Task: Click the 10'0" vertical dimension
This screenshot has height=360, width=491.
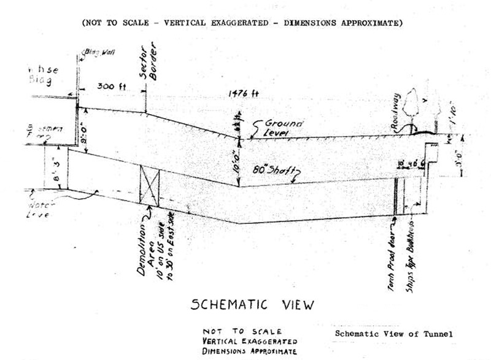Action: click(234, 159)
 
